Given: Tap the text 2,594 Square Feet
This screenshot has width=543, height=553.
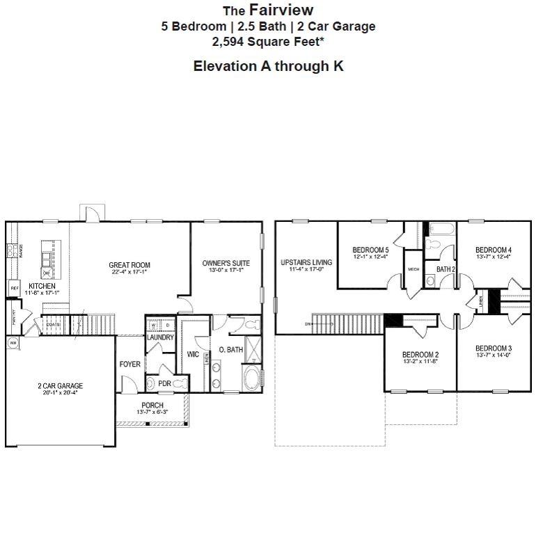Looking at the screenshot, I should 268,41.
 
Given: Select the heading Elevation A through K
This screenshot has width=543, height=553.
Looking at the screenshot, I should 268,66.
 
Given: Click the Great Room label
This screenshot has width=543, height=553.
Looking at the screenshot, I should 129,265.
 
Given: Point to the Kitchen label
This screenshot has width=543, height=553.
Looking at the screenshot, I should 42,286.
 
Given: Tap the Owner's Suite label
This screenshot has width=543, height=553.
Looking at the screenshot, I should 226,263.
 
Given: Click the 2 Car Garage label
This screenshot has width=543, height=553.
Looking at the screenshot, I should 60,386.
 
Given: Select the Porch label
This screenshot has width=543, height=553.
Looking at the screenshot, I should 152,406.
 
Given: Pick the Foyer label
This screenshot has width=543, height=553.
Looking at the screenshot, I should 130,364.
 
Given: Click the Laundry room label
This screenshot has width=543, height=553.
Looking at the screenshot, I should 160,337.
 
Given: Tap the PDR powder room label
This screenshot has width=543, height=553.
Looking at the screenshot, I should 165,383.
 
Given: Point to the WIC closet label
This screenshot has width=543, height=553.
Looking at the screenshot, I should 193,355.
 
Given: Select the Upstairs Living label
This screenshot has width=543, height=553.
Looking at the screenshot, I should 306,263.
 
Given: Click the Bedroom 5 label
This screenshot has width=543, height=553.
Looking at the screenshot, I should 370,250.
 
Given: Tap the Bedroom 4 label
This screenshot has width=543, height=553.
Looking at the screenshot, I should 494,250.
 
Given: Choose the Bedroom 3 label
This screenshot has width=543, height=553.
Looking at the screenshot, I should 494,348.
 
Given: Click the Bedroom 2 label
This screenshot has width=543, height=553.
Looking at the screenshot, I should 420,355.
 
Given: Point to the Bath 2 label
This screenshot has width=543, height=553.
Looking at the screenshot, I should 446,269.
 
